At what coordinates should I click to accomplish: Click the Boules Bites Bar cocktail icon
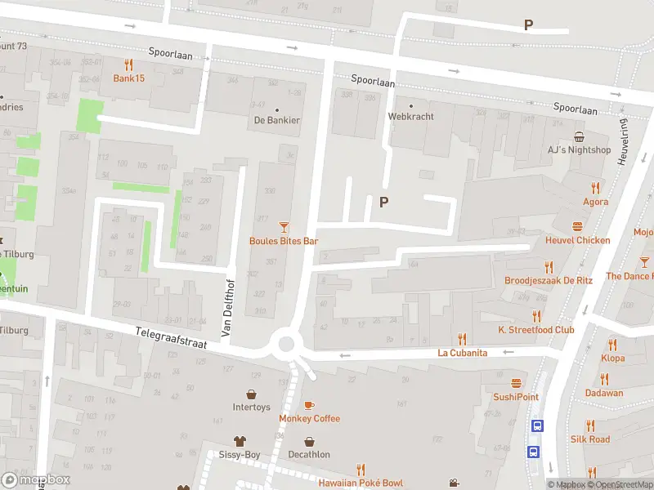[x=284, y=226]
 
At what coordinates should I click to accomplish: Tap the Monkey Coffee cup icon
[x=309, y=405]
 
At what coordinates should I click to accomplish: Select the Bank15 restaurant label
[x=128, y=79]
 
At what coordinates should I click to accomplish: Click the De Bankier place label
[x=276, y=121]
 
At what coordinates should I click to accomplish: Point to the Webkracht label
[x=410, y=117]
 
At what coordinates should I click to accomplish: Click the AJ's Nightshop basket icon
[x=579, y=136]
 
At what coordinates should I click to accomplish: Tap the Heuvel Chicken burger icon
[x=578, y=226]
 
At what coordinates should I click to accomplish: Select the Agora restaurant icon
[x=595, y=187]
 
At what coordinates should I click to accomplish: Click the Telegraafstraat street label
[x=171, y=337]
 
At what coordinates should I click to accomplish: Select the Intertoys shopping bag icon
[x=251, y=393]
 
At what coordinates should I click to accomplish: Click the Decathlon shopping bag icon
[x=309, y=441]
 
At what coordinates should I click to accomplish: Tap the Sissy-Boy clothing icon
[x=240, y=441]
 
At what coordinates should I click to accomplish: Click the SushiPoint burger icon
[x=516, y=383]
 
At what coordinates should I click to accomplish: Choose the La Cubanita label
[x=462, y=353]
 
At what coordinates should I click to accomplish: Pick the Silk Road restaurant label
[x=590, y=439]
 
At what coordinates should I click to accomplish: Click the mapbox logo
[x=37, y=479]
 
